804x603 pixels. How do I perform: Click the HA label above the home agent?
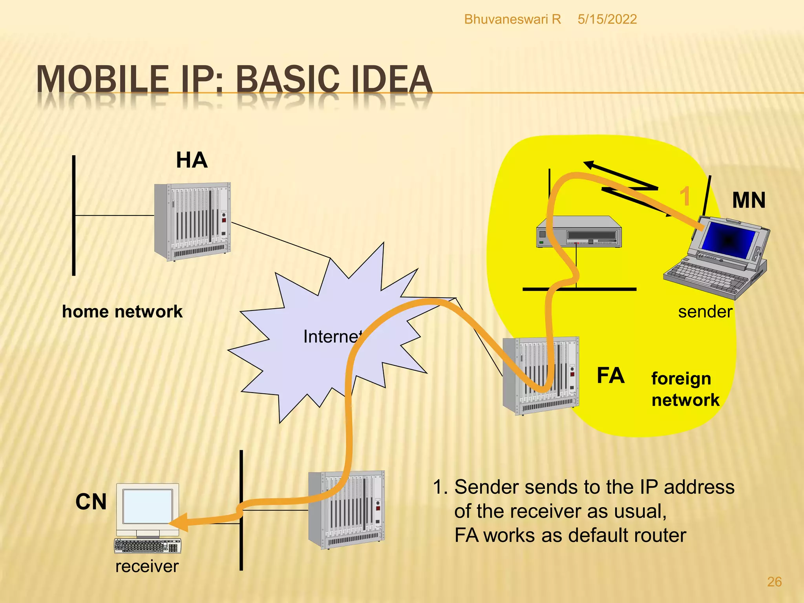click(x=192, y=160)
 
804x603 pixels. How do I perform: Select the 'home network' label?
click(x=122, y=312)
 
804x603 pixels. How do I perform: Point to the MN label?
click(x=749, y=200)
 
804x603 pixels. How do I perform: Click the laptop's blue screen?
click(x=728, y=239)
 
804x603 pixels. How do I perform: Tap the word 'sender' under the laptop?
click(x=705, y=312)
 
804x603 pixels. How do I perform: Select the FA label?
click(x=610, y=376)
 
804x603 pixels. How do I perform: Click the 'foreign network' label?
click(x=685, y=389)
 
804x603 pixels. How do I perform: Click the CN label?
click(x=91, y=502)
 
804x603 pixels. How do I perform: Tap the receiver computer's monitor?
click(x=148, y=506)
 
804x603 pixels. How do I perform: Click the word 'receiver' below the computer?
click(x=147, y=566)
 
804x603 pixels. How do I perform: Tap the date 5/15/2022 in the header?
click(x=607, y=19)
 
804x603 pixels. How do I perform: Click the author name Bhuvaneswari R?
click(x=512, y=19)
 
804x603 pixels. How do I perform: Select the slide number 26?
click(x=774, y=582)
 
